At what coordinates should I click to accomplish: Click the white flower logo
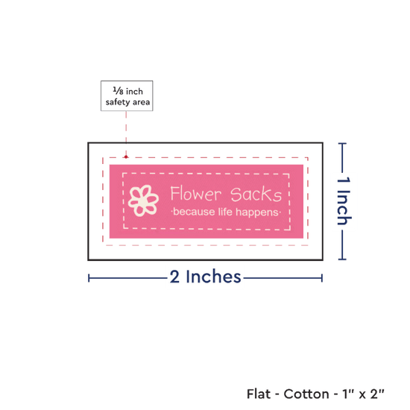pos(143,201)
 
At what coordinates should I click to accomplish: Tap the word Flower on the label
pos(196,194)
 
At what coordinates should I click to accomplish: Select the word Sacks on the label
pos(256,195)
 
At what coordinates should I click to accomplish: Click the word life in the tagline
pos(225,212)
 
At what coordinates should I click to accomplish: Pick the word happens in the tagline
pos(257,212)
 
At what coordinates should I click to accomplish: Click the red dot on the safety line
pos(126,157)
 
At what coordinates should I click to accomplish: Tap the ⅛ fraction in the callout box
pos(118,91)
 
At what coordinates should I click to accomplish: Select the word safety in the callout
pos(117,102)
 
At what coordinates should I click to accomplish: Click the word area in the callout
pos(141,102)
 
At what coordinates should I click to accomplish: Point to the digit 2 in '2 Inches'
pos(174,277)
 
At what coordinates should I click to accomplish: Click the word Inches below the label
pos(213,277)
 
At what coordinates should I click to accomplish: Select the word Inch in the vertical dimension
pos(344,208)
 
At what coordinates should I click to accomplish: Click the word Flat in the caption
pos(259,394)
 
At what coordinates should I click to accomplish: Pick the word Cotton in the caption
pos(306,394)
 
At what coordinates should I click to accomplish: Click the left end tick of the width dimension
pos(89,278)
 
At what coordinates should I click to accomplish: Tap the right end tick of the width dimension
pos(322,278)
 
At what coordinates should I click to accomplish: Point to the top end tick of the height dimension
pos(342,144)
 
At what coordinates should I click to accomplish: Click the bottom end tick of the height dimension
pos(342,259)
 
